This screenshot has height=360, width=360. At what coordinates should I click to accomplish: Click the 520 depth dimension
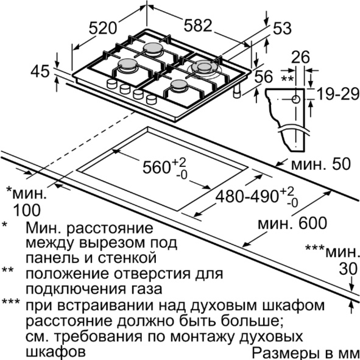tap(103, 28)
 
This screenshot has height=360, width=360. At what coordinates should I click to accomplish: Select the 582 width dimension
tap(197, 25)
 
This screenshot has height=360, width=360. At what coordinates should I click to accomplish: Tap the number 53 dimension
tap(282, 29)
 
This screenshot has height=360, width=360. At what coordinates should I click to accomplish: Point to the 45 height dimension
tap(40, 71)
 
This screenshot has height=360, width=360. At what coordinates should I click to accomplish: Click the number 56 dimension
tap(263, 76)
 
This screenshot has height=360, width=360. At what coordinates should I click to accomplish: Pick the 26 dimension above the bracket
tap(300, 57)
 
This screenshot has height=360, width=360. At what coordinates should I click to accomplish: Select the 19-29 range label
tap(337, 94)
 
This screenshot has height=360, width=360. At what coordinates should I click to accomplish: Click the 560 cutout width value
tap(156, 167)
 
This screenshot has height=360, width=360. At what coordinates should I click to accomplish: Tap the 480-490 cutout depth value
tap(246, 196)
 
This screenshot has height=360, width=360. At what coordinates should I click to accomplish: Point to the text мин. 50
tap(321, 164)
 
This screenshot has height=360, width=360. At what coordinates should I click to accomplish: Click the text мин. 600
tap(292, 223)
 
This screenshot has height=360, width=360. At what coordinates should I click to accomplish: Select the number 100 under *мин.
tap(27, 210)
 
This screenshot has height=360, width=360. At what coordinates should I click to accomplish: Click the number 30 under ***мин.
tap(348, 269)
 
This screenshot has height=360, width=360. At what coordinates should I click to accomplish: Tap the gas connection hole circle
tap(296, 99)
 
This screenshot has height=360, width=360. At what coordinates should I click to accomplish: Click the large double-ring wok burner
tap(203, 68)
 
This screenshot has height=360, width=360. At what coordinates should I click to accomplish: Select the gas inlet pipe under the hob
tap(237, 91)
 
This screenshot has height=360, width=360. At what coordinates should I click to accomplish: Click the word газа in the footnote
tap(144, 289)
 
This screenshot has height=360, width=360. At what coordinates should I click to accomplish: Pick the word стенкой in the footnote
tap(127, 258)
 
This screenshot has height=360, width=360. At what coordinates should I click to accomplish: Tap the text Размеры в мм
tap(305, 351)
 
